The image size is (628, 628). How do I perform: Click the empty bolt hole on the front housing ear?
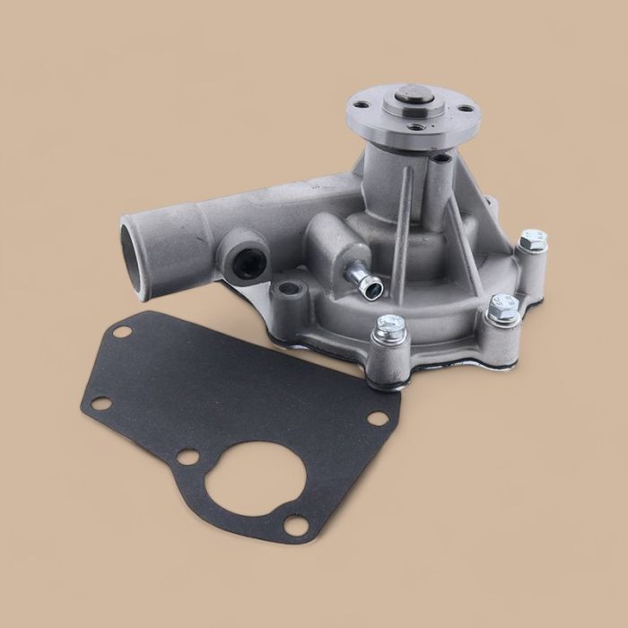pos(286,290)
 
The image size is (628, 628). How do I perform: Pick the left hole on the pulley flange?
pos(360,106)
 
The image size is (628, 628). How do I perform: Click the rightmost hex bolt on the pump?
pos(532,241)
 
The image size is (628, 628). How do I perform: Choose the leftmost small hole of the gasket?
pos(96,403)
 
